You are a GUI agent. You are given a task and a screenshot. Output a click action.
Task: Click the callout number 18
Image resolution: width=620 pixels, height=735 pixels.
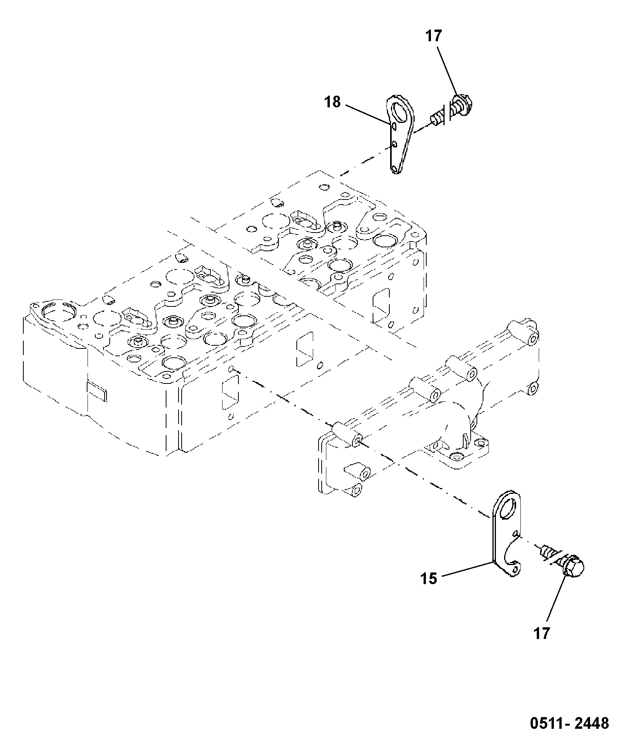[333, 102]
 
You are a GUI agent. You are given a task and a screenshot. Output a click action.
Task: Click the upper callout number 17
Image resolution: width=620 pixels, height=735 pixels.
[434, 36]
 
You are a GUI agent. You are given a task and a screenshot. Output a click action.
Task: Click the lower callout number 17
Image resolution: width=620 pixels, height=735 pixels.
[541, 633]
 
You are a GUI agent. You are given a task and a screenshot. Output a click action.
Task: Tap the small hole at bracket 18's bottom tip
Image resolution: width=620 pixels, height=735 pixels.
[395, 169]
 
